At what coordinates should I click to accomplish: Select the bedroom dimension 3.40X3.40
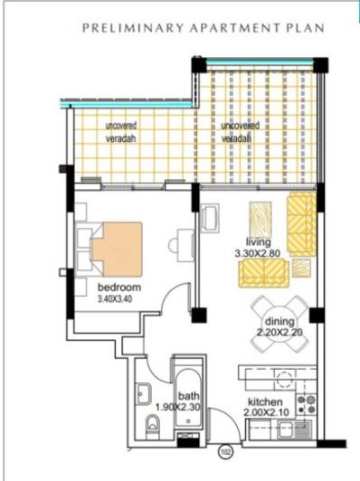click(x=116, y=301)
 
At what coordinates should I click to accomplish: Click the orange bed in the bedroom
click(x=117, y=244)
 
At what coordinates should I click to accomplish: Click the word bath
click(x=188, y=394)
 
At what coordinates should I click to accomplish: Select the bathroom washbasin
click(x=144, y=393)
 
